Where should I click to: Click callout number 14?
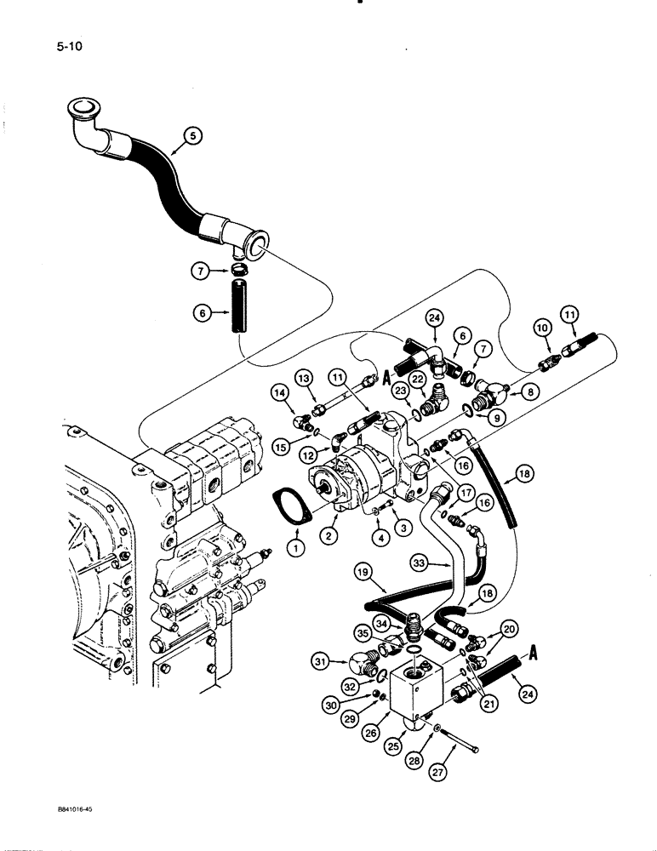[x=281, y=393]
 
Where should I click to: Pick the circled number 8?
[x=533, y=392]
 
